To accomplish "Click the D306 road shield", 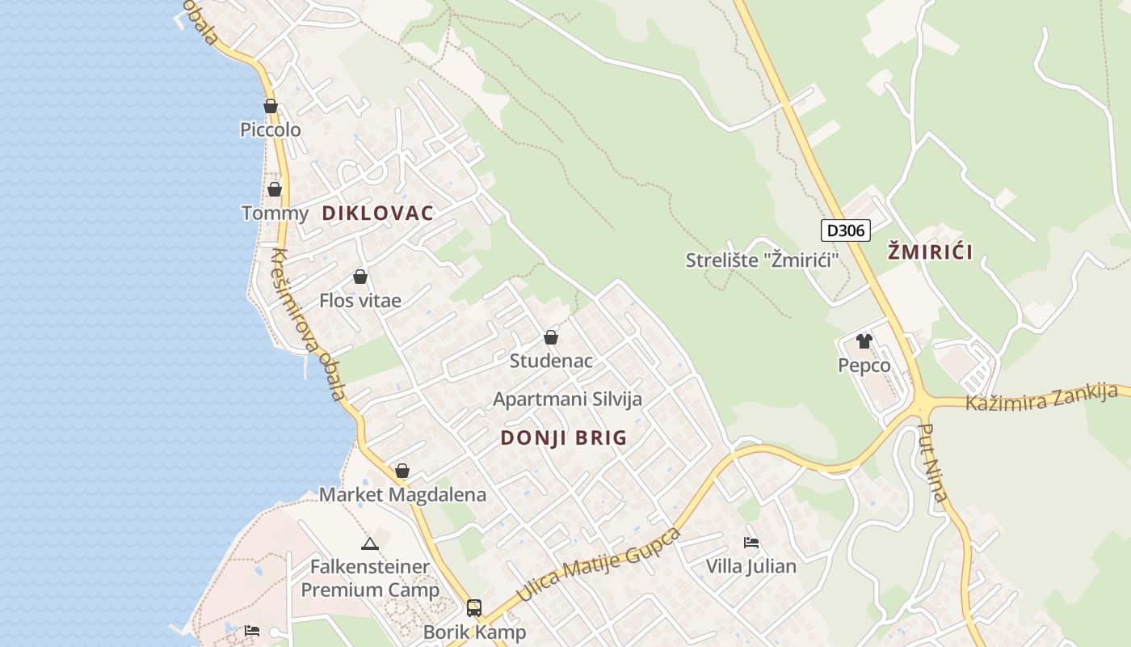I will tap(846, 230).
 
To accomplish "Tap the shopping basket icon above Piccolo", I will tap(271, 106).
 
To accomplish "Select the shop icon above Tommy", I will tap(275, 189).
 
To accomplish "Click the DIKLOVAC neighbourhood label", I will tap(377, 214).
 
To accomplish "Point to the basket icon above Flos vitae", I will tap(360, 277).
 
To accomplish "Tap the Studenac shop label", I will tap(550, 361).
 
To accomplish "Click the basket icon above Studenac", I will tap(551, 337).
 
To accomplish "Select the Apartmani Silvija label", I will tap(567, 399).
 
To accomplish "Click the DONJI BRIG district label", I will tap(563, 438).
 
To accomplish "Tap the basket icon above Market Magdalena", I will tap(402, 471).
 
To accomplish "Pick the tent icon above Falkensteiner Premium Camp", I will tap(370, 543).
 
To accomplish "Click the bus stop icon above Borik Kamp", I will tap(474, 607).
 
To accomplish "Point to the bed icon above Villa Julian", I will tap(751, 543).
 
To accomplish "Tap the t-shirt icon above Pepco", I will tap(864, 341).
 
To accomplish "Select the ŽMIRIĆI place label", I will tap(930, 252).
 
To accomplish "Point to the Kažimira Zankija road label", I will tap(1041, 397).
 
